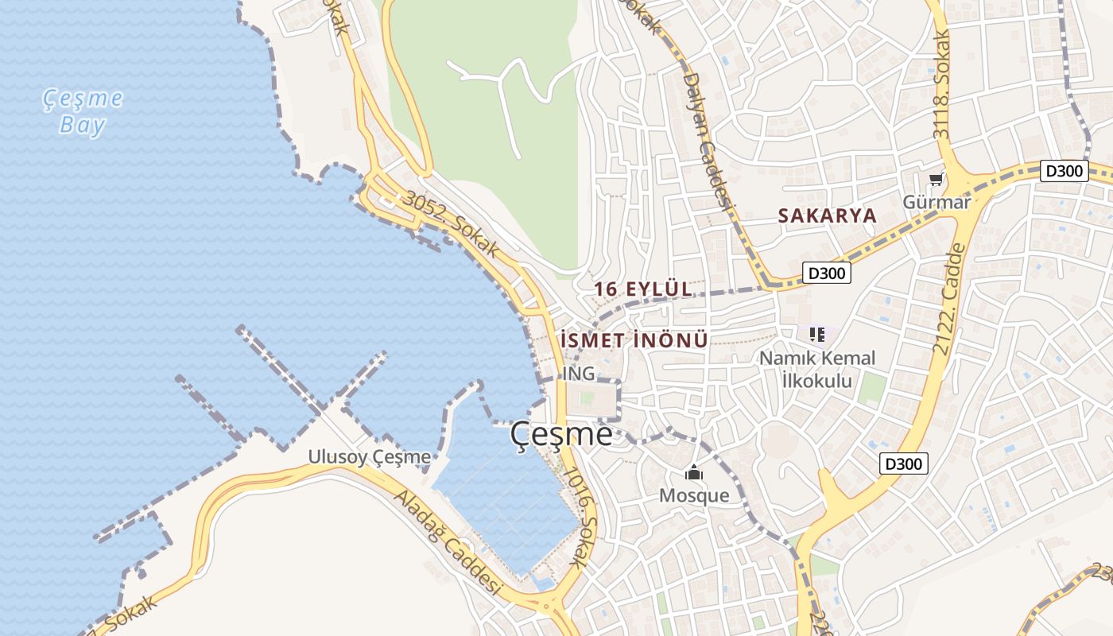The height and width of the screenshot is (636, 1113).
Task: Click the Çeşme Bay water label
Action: click(x=83, y=111)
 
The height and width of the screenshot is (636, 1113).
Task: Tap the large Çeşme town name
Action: click(x=561, y=434)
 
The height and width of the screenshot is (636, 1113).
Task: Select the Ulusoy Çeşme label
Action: click(x=370, y=457)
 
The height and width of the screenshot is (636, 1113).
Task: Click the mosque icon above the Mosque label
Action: click(x=694, y=473)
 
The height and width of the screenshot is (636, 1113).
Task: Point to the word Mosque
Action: click(x=694, y=495)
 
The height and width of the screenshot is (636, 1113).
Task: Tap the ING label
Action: click(x=578, y=374)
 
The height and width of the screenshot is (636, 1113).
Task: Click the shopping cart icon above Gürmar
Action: click(x=937, y=180)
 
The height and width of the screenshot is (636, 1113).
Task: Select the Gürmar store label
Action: click(x=937, y=202)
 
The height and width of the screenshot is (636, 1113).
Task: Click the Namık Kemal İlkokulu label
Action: click(x=817, y=369)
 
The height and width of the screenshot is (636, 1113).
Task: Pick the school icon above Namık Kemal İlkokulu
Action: click(x=817, y=335)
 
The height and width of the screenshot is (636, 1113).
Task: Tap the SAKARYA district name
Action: click(x=828, y=215)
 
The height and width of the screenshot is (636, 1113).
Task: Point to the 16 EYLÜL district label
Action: click(x=643, y=289)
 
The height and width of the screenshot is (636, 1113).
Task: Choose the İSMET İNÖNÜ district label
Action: click(x=634, y=340)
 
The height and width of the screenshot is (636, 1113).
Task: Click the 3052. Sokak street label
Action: click(x=451, y=224)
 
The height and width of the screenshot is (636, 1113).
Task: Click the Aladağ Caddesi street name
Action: click(x=449, y=543)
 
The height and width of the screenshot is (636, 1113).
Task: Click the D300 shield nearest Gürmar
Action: click(x=1064, y=171)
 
